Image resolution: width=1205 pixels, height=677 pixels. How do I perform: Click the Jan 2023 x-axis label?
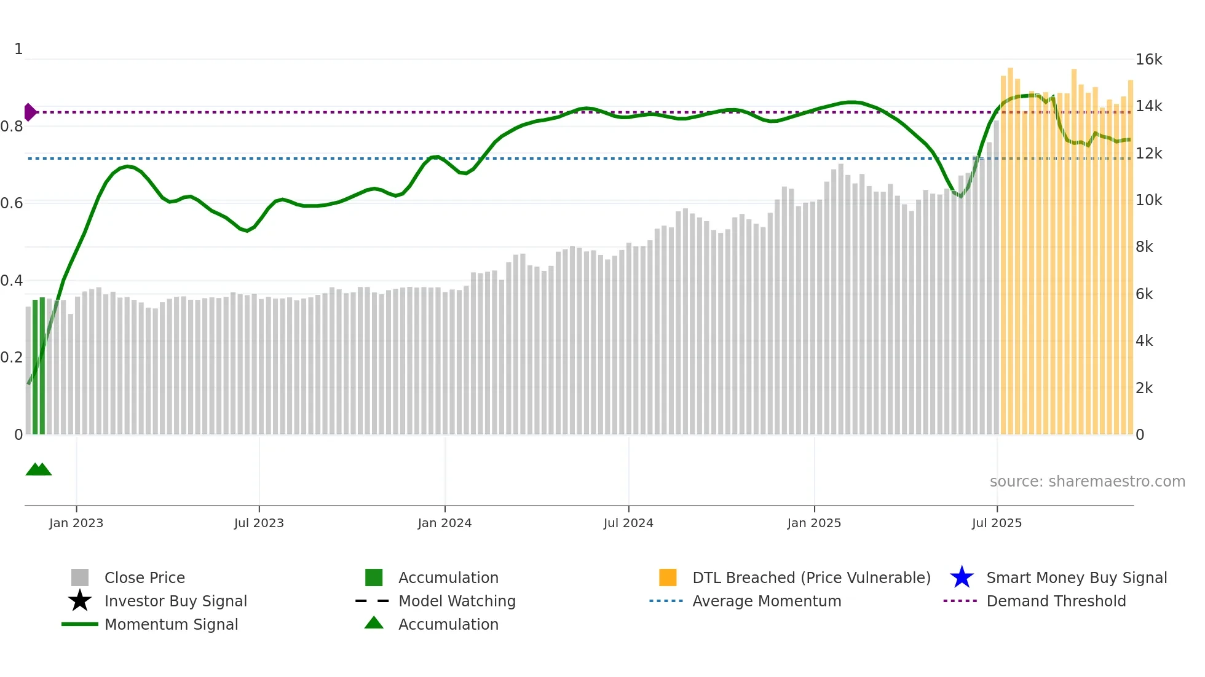point(76,523)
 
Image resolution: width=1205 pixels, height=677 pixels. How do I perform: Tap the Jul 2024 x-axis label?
point(628,523)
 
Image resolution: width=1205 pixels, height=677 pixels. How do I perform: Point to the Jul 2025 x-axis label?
point(997,523)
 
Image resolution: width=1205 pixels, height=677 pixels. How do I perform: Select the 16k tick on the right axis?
point(1148,60)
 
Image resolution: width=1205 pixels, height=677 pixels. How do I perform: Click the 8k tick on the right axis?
point(1144,247)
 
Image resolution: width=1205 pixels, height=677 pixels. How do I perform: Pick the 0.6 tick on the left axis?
point(12,203)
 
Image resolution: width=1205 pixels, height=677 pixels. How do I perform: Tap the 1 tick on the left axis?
point(18,49)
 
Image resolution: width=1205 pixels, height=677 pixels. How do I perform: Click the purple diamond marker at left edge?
point(30,112)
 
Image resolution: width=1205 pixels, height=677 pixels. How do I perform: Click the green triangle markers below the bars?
point(38,469)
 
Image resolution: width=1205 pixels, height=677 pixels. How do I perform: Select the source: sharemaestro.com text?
point(1087,482)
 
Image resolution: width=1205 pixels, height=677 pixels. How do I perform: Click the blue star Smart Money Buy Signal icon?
point(962,577)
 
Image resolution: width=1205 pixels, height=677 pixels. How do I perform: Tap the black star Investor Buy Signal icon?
point(80,601)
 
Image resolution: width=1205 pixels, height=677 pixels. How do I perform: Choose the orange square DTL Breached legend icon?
point(668,577)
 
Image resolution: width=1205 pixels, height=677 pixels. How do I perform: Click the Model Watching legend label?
point(457,601)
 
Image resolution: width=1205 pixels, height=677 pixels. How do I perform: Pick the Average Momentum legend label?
point(767,601)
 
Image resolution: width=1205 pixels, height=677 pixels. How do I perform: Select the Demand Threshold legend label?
point(1056,601)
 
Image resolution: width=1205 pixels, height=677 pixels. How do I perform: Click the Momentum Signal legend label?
point(171,624)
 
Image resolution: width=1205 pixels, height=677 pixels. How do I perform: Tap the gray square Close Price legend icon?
point(80,577)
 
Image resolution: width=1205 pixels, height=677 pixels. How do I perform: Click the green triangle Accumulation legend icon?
point(374,623)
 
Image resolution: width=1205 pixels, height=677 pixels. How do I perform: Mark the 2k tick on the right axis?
point(1144,388)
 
